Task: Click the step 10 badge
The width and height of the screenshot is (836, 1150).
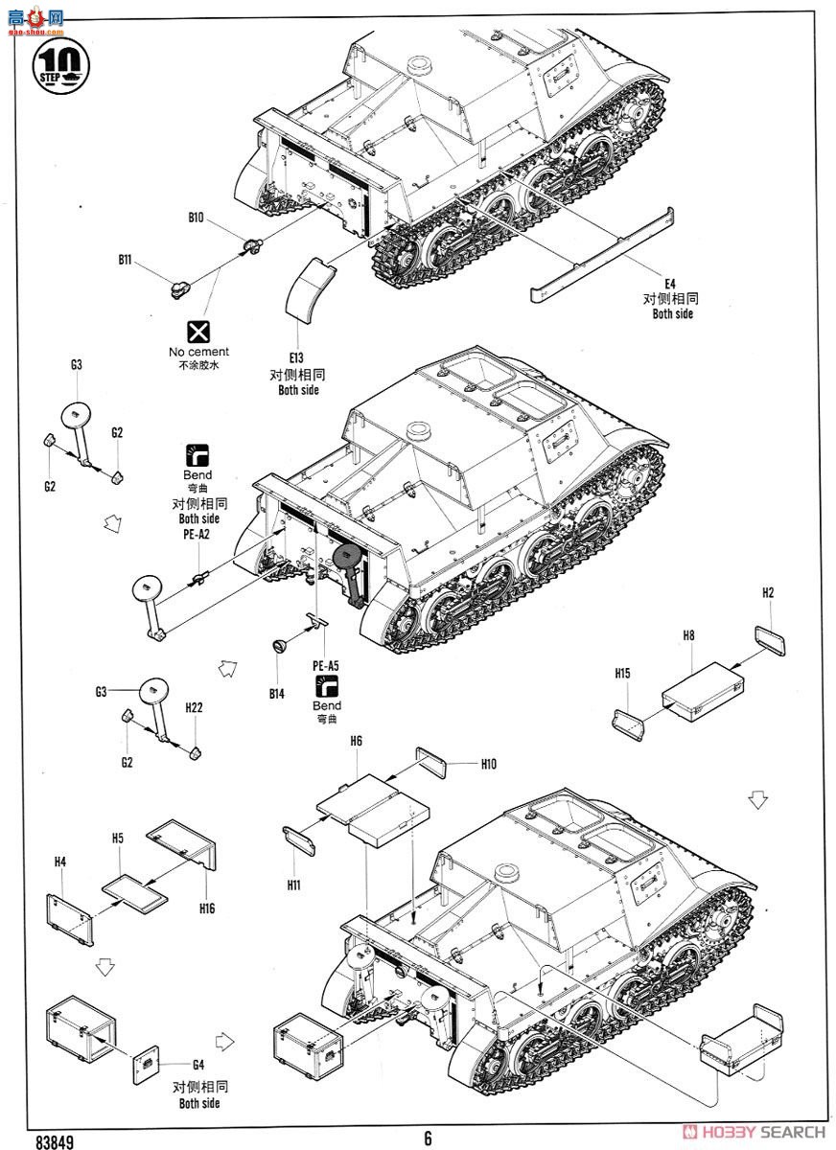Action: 60,62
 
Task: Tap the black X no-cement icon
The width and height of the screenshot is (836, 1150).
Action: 198,333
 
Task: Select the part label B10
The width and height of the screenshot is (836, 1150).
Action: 196,218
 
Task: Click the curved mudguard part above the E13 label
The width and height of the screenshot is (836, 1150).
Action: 315,289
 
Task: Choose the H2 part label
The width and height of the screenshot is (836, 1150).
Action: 768,593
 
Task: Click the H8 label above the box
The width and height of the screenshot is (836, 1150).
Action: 688,634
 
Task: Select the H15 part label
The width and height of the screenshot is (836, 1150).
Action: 622,674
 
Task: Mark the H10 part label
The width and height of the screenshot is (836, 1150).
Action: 488,764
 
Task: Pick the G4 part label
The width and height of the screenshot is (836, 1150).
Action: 198,1065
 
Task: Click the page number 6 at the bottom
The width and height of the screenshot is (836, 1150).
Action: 427,1138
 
